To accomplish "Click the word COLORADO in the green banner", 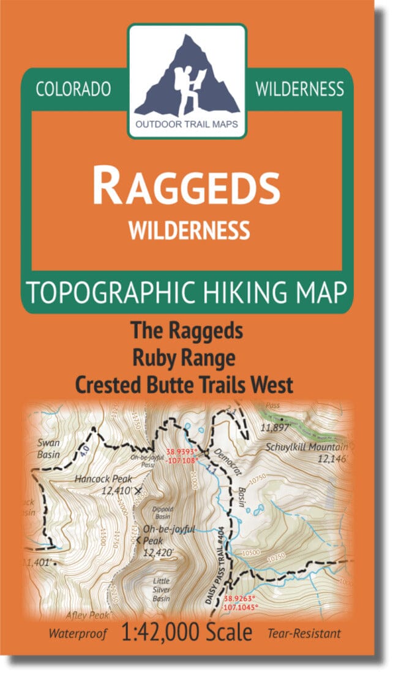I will [73, 89].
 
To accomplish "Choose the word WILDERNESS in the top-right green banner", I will [299, 89].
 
